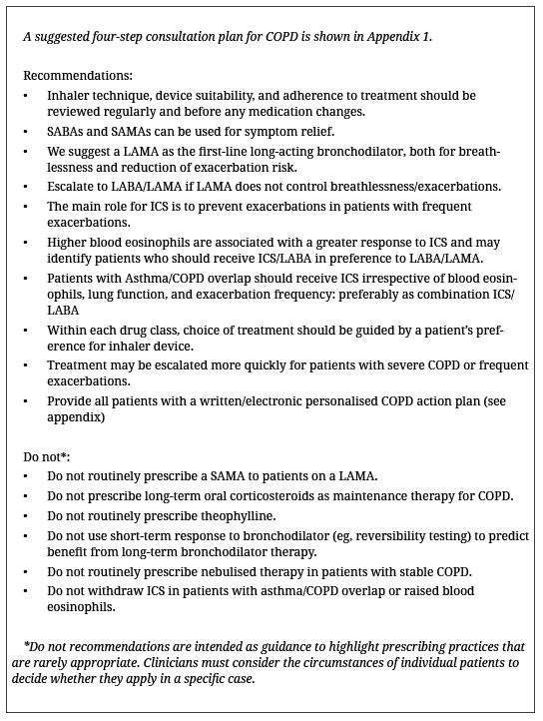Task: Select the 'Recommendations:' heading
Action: pos(79,76)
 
